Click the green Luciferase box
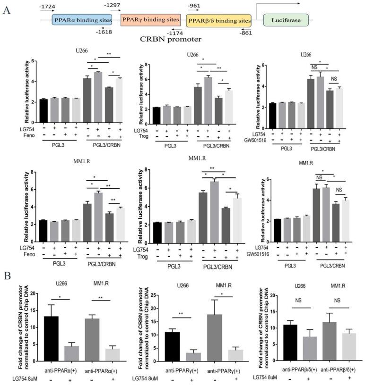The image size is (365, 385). [285, 20]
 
